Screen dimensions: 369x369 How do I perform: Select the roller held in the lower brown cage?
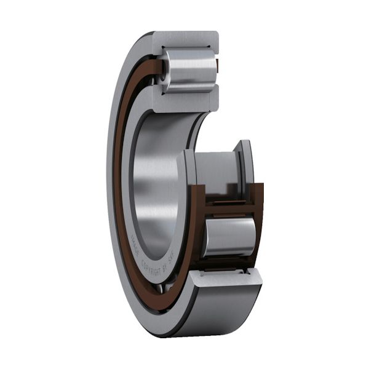(x=229, y=237)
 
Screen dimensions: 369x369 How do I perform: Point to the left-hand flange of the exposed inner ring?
(x=186, y=169)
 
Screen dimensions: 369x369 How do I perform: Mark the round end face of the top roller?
(x=165, y=69)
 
